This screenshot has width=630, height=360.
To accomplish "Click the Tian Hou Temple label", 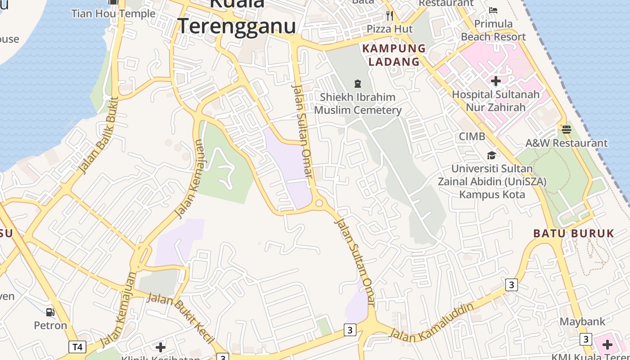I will pyautogui.click(x=113, y=13).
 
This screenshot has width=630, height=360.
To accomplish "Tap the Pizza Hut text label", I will pyautogui.click(x=390, y=29).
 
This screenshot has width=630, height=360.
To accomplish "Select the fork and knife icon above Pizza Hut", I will pyautogui.click(x=390, y=16).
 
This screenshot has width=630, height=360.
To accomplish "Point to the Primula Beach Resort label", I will pyautogui.click(x=493, y=30).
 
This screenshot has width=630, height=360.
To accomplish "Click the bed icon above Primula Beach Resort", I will pyautogui.click(x=493, y=10).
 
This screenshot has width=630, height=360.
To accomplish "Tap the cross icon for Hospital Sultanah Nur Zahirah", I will pyautogui.click(x=496, y=81).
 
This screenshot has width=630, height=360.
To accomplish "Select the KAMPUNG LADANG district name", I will pyautogui.click(x=394, y=55).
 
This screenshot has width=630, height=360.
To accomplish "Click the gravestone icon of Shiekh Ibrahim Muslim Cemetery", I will pyautogui.click(x=358, y=83).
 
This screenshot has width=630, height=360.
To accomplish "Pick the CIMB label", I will pyautogui.click(x=472, y=136).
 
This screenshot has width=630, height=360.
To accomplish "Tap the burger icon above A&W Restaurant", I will pyautogui.click(x=567, y=129).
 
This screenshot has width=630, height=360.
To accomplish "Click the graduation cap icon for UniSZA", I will pyautogui.click(x=491, y=155).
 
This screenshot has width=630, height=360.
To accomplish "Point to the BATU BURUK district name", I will pyautogui.click(x=574, y=234).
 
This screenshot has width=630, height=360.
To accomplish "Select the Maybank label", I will pyautogui.click(x=582, y=322).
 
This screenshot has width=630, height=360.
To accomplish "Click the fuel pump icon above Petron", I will pyautogui.click(x=50, y=312).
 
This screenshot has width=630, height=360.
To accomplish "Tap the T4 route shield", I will pyautogui.click(x=77, y=347).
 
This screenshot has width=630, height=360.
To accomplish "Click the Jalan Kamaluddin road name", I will pyautogui.click(x=432, y=323).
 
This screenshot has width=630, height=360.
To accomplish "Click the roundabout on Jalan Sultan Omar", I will pyautogui.click(x=319, y=203).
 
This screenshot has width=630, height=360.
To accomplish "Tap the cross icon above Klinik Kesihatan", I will pyautogui.click(x=161, y=347).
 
